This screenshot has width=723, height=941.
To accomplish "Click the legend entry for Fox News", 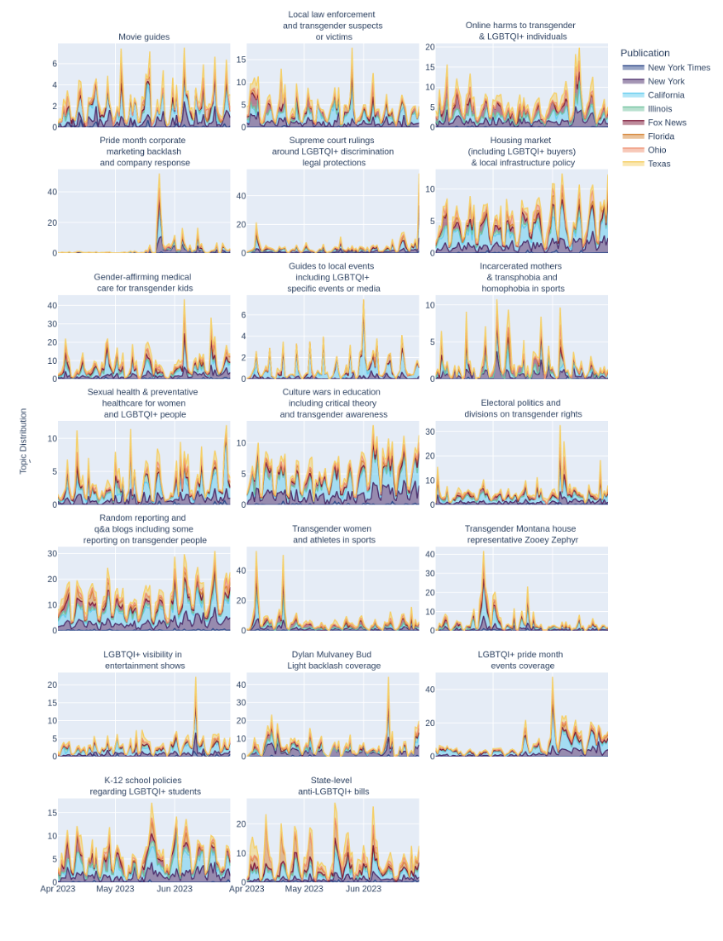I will coord(667,122).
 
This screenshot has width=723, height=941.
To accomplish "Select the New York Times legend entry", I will coord(678,68).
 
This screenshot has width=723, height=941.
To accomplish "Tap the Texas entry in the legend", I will coord(658,164).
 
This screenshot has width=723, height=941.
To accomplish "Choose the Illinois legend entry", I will coord(659,108).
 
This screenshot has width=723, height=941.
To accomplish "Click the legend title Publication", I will coord(645,53).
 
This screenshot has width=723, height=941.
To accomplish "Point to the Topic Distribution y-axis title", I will coord(23,441).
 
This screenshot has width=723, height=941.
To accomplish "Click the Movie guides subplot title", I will coord(144,36).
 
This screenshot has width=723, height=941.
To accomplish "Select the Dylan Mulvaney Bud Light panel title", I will coord(333,660).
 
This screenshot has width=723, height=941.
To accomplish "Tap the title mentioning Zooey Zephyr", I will coord(520,534).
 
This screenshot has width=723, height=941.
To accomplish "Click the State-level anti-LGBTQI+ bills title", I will coord(333,786).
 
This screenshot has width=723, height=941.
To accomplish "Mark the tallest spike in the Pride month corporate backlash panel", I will coord(160,174).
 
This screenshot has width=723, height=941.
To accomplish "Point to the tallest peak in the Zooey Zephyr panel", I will coord(484,552).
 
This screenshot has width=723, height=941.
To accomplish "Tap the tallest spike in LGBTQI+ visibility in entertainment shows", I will coord(196,677).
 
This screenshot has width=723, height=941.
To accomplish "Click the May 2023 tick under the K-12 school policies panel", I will coord(115,889).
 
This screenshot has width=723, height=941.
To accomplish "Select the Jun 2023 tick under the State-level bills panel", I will coord(363,889).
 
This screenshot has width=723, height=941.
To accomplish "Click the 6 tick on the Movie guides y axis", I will coord(54,64).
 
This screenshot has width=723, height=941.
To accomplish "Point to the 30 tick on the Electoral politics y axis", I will coord(429,432).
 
